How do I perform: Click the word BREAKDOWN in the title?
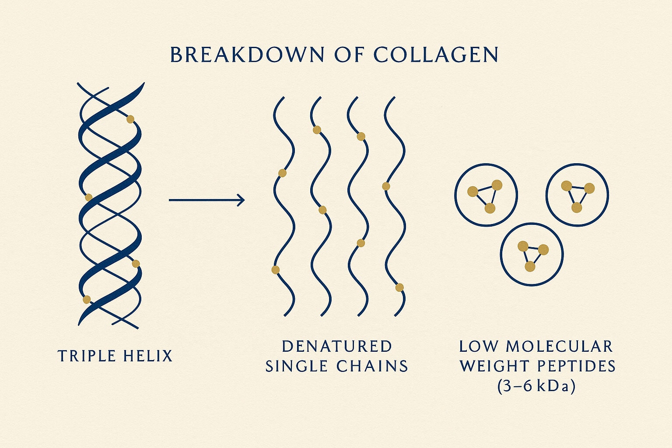point(247,55)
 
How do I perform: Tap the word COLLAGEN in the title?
point(436,55)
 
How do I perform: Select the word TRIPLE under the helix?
point(87,356)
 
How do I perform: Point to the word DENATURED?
point(336,346)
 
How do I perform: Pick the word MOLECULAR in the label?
point(559,346)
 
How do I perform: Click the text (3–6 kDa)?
point(536,386)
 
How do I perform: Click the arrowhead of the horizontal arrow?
point(241,200)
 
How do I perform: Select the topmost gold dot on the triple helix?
point(130,119)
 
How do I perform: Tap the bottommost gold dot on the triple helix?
point(87,299)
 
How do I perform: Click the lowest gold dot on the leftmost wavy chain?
point(275,270)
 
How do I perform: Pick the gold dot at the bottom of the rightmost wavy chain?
point(399,287)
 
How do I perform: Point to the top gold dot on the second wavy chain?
point(317,130)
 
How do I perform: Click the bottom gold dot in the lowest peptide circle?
point(530,266)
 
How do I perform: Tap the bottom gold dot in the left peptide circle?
point(490,208)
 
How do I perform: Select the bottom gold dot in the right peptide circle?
point(577,207)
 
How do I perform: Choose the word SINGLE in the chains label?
point(297,366)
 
